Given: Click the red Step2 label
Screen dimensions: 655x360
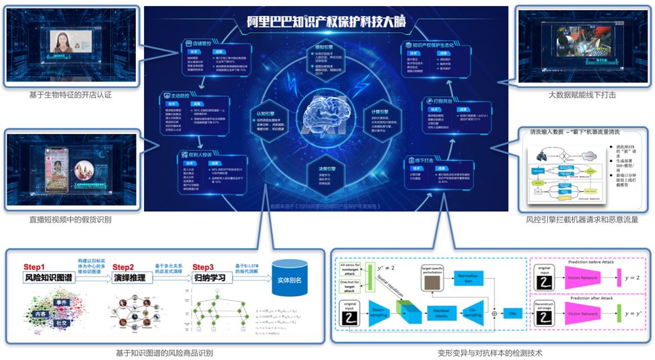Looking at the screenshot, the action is click(124, 266).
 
